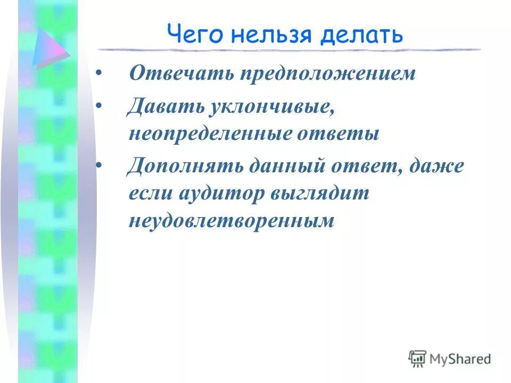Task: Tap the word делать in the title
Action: coord(361,35)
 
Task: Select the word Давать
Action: coord(164,107)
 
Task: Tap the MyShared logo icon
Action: coord(417,359)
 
